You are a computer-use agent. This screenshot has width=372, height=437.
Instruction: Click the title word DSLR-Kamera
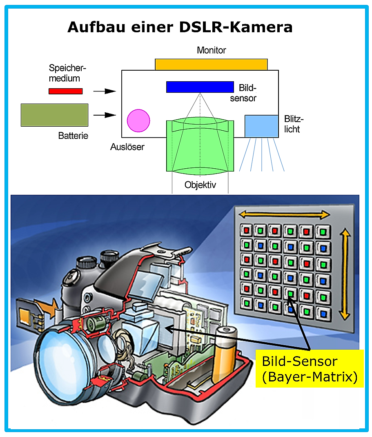click(x=236, y=27)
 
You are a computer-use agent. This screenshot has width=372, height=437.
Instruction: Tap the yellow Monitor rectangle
click(x=211, y=65)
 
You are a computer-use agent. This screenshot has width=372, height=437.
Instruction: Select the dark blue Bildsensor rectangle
click(x=200, y=87)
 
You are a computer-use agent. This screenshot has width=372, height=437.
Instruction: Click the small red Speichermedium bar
click(x=65, y=91)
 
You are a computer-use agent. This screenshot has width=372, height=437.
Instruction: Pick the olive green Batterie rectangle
click(x=55, y=115)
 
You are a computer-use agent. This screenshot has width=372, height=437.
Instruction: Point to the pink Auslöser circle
click(x=138, y=120)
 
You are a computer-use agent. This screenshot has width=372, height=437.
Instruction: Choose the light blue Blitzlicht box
click(x=262, y=126)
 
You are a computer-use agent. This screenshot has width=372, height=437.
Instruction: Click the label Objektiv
click(x=200, y=185)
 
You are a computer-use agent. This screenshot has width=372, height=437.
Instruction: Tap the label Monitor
click(x=212, y=50)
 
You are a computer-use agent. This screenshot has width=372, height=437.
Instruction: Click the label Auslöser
click(x=127, y=147)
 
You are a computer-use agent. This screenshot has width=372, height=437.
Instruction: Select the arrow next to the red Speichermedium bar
click(x=105, y=91)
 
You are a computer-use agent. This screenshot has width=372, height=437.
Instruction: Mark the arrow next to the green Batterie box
click(x=105, y=115)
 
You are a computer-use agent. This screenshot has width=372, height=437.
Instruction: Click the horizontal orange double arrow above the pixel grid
click(x=285, y=214)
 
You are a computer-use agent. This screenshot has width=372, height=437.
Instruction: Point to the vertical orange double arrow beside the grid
click(x=345, y=274)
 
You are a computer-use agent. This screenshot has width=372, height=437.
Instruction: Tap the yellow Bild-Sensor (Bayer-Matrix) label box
click(x=310, y=368)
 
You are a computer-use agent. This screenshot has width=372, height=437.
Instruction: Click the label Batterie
click(x=73, y=136)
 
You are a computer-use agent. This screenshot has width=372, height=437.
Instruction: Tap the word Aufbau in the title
click(x=96, y=27)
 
